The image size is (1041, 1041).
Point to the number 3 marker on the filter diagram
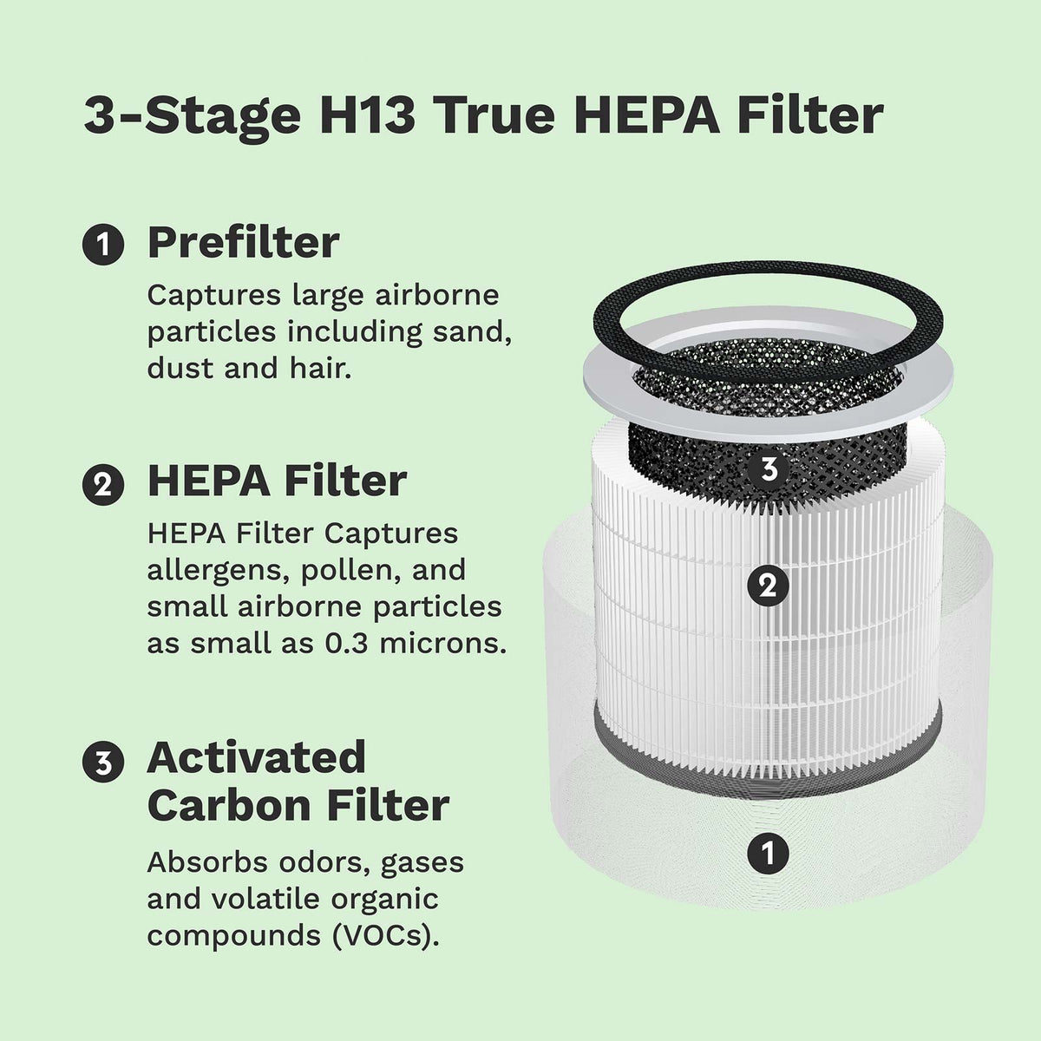click(768, 469)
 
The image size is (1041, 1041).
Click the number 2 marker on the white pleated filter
click(768, 587)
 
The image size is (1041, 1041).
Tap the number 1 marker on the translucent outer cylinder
click(768, 852)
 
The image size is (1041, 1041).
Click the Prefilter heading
click(243, 243)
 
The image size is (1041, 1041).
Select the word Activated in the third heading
click(257, 758)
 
